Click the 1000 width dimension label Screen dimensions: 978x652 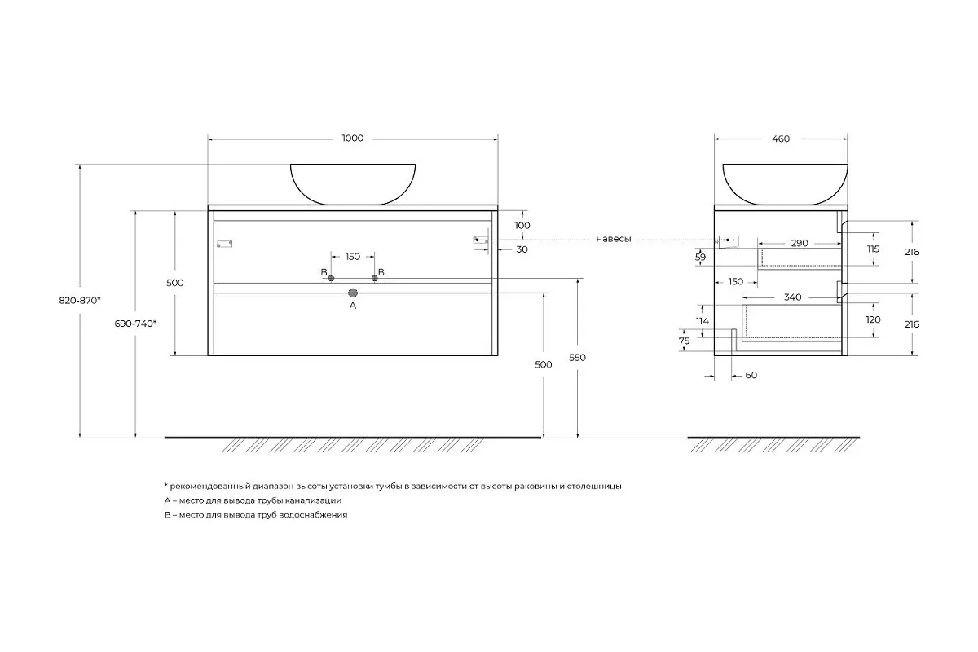[352, 139]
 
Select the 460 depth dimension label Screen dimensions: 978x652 [781, 139]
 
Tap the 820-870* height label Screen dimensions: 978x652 [80, 301]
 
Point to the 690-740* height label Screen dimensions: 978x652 [135, 324]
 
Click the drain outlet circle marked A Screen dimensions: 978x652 [353, 293]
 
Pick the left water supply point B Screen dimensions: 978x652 [331, 278]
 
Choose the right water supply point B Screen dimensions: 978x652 [374, 278]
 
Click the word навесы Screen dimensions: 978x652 [614, 240]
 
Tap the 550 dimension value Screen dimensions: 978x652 [577, 358]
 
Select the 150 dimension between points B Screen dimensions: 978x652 [353, 257]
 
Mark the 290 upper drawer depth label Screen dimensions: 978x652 [800, 243]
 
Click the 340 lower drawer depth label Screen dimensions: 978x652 [792, 297]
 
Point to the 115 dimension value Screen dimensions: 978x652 [873, 249]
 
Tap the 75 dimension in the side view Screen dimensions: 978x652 [684, 341]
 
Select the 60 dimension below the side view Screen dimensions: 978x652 [751, 375]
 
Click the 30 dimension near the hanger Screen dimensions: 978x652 [522, 249]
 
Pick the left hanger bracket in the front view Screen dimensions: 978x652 [224, 244]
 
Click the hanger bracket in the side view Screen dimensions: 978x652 [729, 241]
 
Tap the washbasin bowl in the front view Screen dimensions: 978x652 [353, 184]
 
